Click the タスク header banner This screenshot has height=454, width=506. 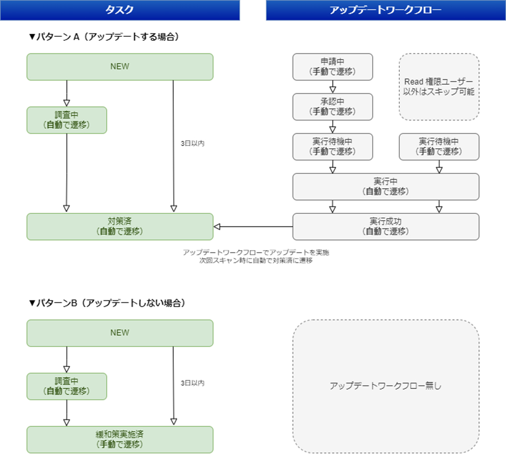(119, 10)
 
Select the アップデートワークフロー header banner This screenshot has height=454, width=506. (385, 10)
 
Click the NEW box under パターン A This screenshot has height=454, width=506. (120, 67)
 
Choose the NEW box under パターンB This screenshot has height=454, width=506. (120, 333)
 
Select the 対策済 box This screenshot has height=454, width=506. (120, 226)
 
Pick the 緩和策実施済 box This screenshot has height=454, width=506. (120, 439)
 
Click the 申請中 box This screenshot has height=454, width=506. (333, 67)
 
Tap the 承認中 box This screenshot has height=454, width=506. (333, 106)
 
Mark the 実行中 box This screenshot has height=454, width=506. (386, 186)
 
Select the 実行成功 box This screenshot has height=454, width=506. (386, 226)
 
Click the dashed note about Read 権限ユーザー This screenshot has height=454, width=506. (439, 87)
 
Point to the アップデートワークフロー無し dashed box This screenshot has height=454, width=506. (386, 386)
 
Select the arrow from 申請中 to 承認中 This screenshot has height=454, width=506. (333, 86)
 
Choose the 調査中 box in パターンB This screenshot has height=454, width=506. (67, 386)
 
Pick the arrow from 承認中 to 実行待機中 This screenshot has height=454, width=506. (333, 126)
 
